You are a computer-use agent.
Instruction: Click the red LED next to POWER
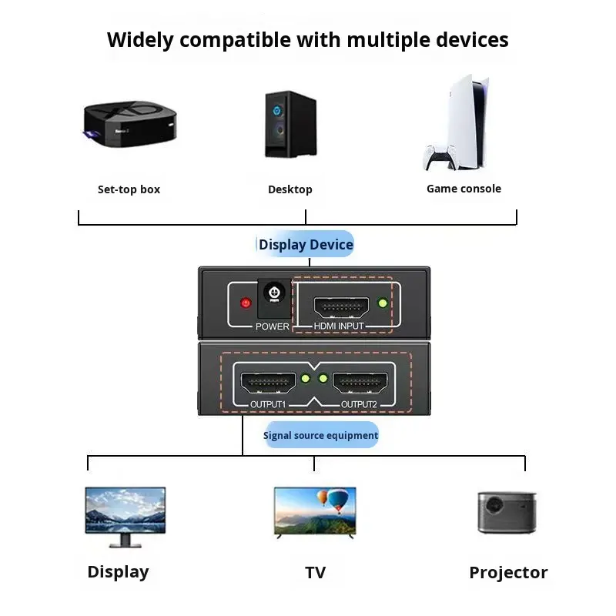point(246,303)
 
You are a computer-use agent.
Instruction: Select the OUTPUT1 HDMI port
point(269,383)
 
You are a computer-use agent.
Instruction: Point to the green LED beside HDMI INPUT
point(383,303)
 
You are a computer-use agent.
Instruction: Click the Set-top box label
point(129,189)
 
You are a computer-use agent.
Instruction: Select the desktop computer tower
point(290,126)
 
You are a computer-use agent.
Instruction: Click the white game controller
point(440,158)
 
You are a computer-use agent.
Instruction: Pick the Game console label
point(464,189)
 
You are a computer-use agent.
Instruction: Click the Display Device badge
point(306,245)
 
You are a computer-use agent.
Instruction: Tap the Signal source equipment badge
point(320,436)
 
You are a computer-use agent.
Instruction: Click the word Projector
point(508,573)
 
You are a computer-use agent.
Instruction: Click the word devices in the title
point(465,39)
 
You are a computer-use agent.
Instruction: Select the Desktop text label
point(290,189)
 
